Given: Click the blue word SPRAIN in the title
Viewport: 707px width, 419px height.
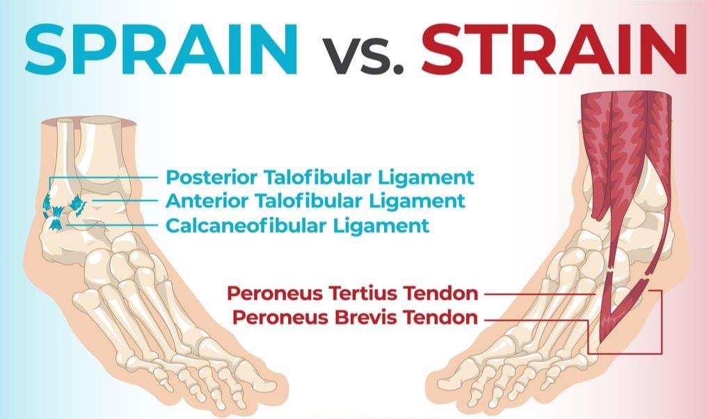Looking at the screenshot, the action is [x=161, y=49].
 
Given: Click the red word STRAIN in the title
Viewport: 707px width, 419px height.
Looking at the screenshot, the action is [x=555, y=49].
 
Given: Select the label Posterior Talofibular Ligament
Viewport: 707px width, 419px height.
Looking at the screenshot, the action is [x=319, y=178].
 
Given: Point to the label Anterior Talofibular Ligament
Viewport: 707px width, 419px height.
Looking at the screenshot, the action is [x=315, y=202].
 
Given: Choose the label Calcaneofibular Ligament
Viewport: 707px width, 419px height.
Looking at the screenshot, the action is [x=298, y=225].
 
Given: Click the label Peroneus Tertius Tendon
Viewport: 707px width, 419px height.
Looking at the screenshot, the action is [x=353, y=294].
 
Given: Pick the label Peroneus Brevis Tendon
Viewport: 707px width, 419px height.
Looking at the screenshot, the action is [x=355, y=318].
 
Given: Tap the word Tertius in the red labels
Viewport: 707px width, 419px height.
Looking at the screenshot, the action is [x=367, y=293].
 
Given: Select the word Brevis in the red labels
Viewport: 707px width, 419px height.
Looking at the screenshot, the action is [x=367, y=318].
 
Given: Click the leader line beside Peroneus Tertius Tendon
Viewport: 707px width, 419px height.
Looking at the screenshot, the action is [x=540, y=295].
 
